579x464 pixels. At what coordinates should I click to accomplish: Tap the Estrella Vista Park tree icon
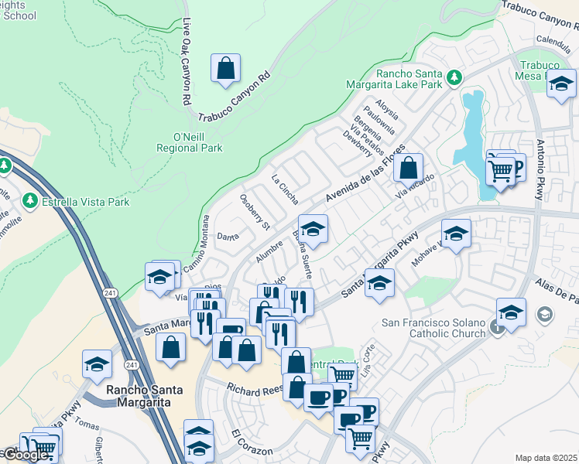[x=31, y=201]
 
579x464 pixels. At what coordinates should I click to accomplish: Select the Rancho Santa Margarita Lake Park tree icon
[x=454, y=78]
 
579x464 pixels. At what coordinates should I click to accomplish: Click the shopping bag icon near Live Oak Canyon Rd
[x=225, y=68]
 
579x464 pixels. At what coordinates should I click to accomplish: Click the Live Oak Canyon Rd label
[x=187, y=62]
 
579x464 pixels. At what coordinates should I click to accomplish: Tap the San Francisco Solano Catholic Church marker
[x=497, y=327]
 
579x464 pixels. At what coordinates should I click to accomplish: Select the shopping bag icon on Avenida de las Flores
[x=408, y=166]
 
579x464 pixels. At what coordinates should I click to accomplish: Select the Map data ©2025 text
[x=546, y=458]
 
